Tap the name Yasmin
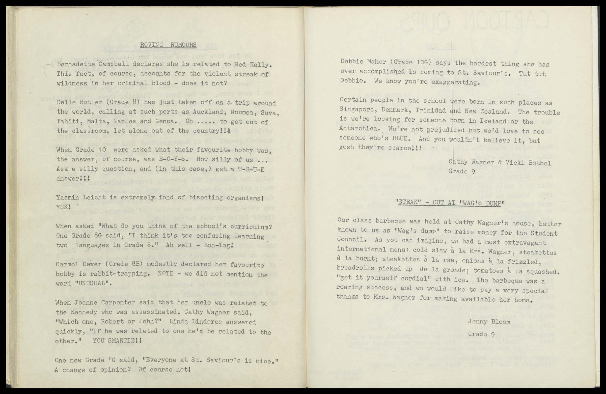[66, 197]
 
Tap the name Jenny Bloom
[489, 322]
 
